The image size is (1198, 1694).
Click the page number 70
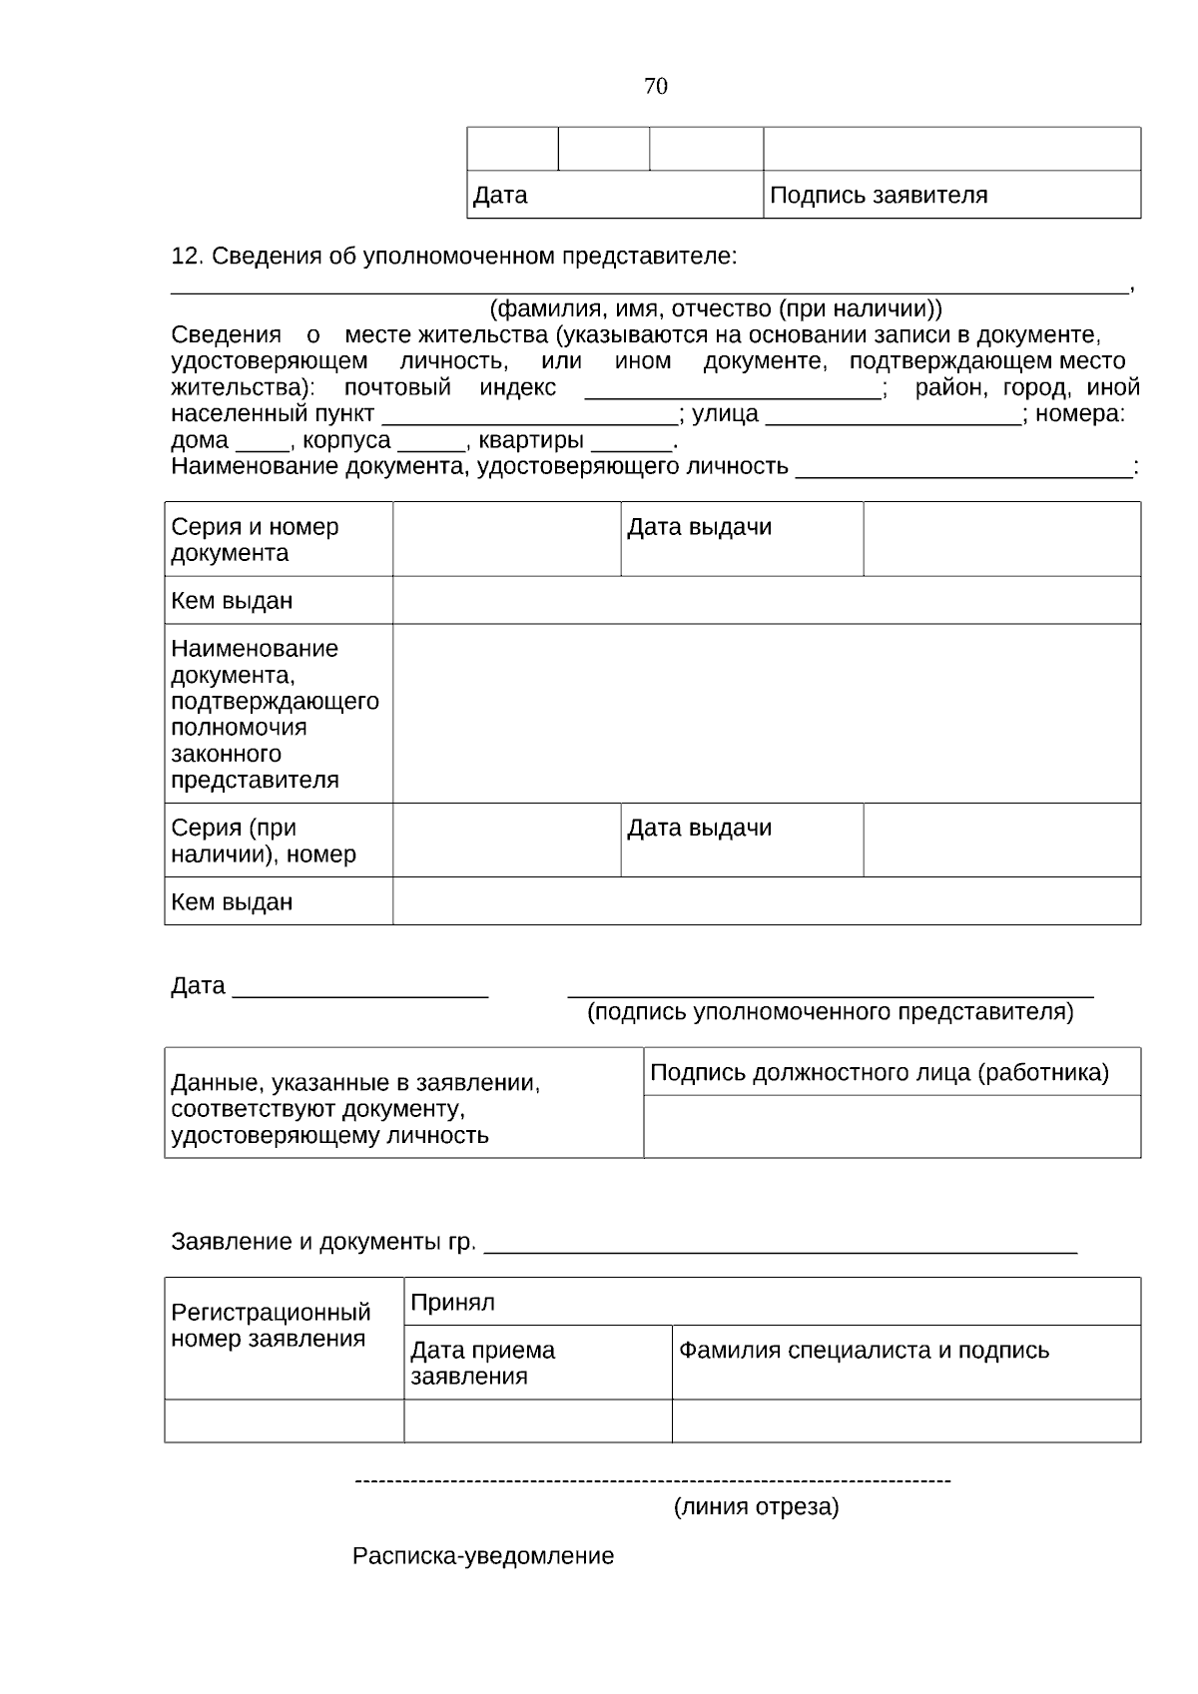[x=656, y=87]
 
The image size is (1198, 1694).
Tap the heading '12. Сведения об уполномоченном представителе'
[x=454, y=257]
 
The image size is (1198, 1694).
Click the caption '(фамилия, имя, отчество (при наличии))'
[x=715, y=308]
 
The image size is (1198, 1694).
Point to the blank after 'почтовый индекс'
[x=733, y=389]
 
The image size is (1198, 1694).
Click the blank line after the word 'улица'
[x=894, y=415]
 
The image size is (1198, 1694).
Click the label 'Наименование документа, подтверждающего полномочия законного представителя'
[x=275, y=714]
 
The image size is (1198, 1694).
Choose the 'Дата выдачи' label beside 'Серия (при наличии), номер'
[x=700, y=829]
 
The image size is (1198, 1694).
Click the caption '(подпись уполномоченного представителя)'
[x=830, y=1012]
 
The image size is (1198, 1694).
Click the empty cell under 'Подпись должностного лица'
[x=892, y=1127]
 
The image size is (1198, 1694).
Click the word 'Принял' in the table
[x=452, y=1303]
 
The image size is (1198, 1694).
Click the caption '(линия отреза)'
[x=756, y=1506]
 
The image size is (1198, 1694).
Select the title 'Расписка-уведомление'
[x=483, y=1556]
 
